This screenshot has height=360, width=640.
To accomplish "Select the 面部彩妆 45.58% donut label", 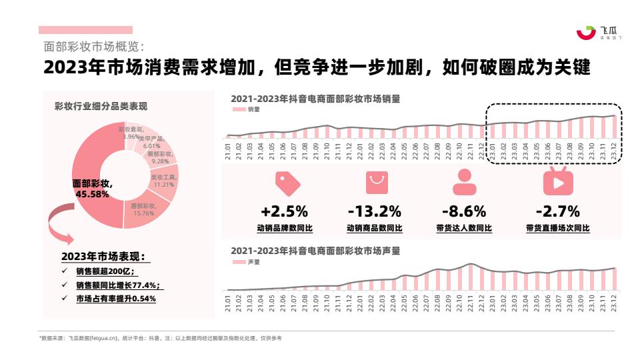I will coord(91,189).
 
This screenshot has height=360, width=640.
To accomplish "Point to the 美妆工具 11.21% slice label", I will coord(163,181).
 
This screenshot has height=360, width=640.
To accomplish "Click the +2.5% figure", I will coord(284,212).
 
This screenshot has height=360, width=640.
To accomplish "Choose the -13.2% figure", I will coord(374,212).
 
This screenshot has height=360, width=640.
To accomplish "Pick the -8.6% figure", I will coord(464,212).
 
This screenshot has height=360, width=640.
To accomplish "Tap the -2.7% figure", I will coord(557,212).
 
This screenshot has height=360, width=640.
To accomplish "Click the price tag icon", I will coord(287,182).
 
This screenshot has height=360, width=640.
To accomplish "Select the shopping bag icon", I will coord(376,182).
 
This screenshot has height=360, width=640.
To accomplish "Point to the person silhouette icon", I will coord(465,182).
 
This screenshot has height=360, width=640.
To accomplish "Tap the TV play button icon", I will coord(557,181).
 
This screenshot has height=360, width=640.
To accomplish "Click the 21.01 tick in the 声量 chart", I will coord(228,303).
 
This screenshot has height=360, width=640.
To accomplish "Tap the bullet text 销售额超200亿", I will coord(105,271).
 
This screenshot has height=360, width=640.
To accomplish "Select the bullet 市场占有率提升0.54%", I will coord(116,299).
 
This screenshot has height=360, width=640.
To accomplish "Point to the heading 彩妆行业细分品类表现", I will coord(101,107).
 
